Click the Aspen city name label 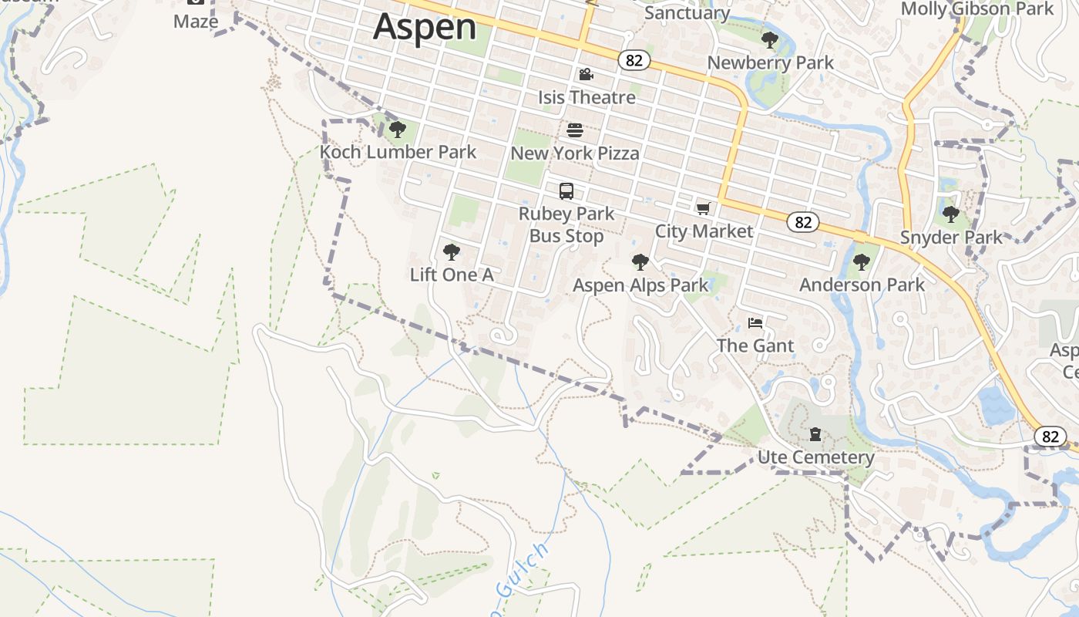[425, 27]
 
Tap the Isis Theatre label [587, 97]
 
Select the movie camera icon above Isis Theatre [586, 74]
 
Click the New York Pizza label [574, 153]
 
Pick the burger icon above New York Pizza [574, 130]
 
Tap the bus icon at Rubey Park [566, 190]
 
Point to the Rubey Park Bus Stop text [566, 224]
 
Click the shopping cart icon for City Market [703, 208]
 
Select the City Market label [704, 231]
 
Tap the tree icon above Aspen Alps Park [640, 262]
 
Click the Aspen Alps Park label [640, 285]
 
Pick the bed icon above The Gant [755, 322]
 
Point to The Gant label [755, 346]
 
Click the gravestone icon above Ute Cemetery [815, 434]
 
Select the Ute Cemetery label [815, 457]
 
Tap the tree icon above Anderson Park [862, 262]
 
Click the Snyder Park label [951, 238]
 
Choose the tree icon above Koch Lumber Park [398, 129]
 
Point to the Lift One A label [451, 275]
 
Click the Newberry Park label [770, 62]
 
